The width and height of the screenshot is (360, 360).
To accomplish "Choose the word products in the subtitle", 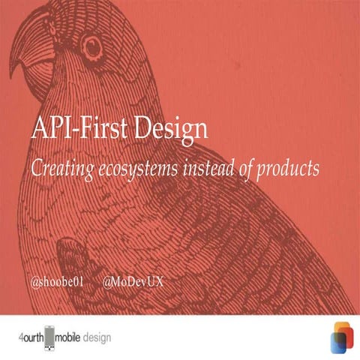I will pyautogui.click(x=289, y=169).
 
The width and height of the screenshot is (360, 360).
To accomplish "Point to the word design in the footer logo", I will pyautogui.click(x=97, y=337).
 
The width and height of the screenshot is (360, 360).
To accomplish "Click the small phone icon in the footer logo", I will pyautogui.click(x=51, y=338).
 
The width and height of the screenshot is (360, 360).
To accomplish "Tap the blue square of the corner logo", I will pyautogui.click(x=337, y=344).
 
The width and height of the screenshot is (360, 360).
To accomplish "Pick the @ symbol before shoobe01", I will pyautogui.click(x=34, y=283).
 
